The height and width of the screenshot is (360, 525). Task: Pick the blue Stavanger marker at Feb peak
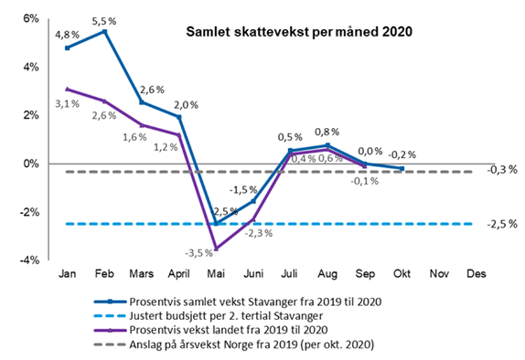pos(104,31)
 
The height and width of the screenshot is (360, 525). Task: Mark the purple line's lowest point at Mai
pos(216,249)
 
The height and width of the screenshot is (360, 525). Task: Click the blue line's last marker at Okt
pos(402,169)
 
